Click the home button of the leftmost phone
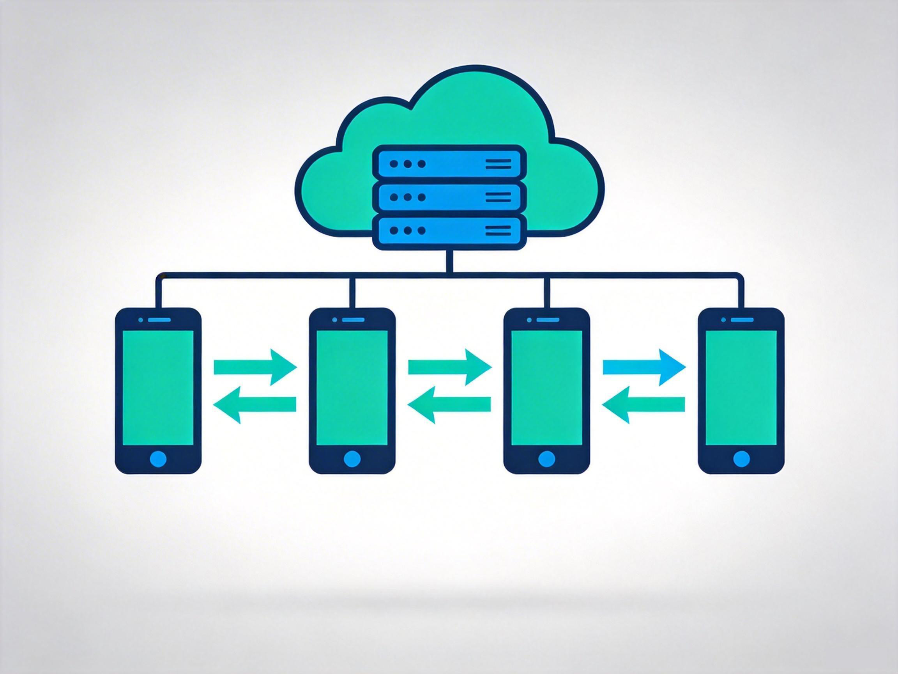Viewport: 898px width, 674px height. pos(158,459)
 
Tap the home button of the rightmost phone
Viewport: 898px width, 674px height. pos(741,459)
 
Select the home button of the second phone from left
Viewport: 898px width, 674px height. pos(352,459)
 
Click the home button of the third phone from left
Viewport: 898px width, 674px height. pos(546,459)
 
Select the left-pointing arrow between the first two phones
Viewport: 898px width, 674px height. pos(255,404)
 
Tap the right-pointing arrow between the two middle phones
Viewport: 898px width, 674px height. pos(450,367)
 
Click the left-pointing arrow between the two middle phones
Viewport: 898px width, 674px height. pos(449,404)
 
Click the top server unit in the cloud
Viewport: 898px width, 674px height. pos(449,164)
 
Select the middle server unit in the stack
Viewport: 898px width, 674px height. pos(449,197)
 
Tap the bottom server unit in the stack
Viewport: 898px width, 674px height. pos(449,231)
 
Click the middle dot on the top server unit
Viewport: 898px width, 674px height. pos(408,164)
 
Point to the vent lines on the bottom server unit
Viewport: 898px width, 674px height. pos(498,231)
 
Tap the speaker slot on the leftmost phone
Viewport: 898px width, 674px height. pos(159,320)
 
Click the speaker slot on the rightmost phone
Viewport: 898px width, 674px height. pos(742,320)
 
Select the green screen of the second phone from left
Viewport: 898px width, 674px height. pos(352,388)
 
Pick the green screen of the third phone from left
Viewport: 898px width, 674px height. pos(546,388)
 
